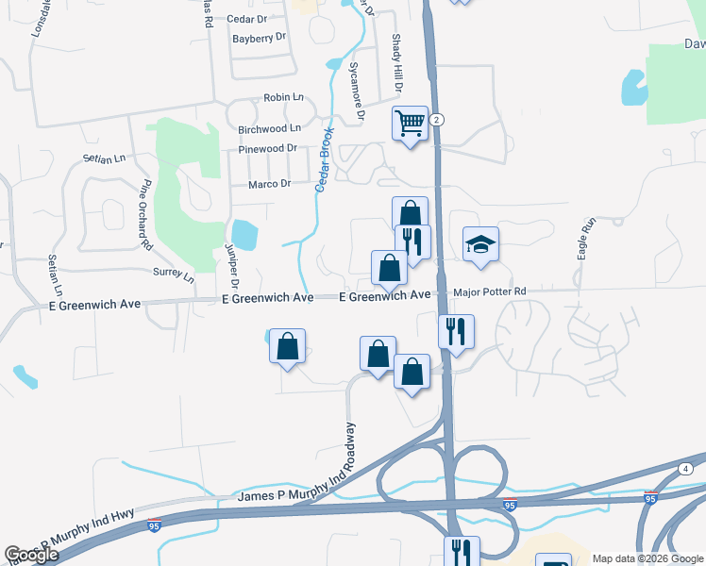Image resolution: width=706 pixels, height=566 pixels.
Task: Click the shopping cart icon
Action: click(x=411, y=123)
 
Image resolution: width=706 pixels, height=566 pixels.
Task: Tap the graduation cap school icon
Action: click(x=480, y=244)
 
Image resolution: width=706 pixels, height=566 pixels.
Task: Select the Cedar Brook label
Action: click(x=325, y=160)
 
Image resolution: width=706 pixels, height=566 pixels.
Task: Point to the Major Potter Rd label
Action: click(x=489, y=292)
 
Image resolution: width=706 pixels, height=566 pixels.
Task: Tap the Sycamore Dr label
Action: click(x=357, y=92)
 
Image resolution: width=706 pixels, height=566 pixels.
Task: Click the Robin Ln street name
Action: click(x=284, y=97)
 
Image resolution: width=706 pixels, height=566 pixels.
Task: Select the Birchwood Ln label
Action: click(x=269, y=128)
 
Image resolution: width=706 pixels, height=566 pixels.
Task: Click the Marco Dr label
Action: click(x=269, y=184)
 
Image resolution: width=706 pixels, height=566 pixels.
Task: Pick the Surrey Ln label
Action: click(x=173, y=275)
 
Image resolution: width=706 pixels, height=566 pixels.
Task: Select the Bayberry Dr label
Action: click(x=259, y=38)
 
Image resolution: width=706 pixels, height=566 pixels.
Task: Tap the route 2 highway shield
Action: click(x=436, y=121)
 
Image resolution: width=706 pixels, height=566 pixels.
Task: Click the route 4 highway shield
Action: click(x=685, y=469)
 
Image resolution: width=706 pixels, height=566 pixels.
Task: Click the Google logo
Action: click(x=31, y=555)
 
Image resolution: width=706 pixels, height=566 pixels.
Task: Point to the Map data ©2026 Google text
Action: click(x=647, y=558)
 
